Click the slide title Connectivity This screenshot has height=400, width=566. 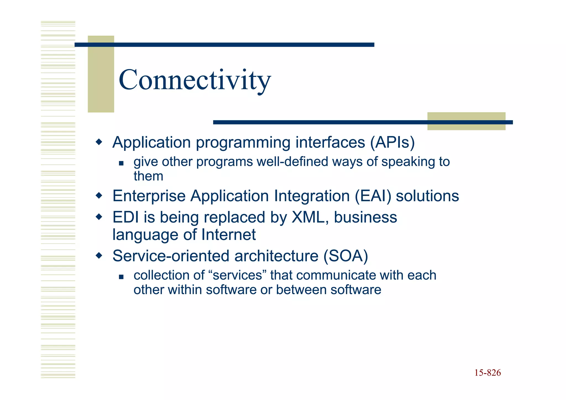195,80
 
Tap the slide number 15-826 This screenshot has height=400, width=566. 488,373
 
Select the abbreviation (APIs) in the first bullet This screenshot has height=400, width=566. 392,143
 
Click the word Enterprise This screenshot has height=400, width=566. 149,196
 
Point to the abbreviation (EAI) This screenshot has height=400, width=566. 373,196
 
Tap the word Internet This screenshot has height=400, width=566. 228,235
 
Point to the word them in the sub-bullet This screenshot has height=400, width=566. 148,176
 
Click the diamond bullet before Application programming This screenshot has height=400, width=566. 99,142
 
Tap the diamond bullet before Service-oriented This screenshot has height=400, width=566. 99,255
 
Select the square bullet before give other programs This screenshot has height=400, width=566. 121,163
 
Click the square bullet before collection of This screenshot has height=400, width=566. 121,276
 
